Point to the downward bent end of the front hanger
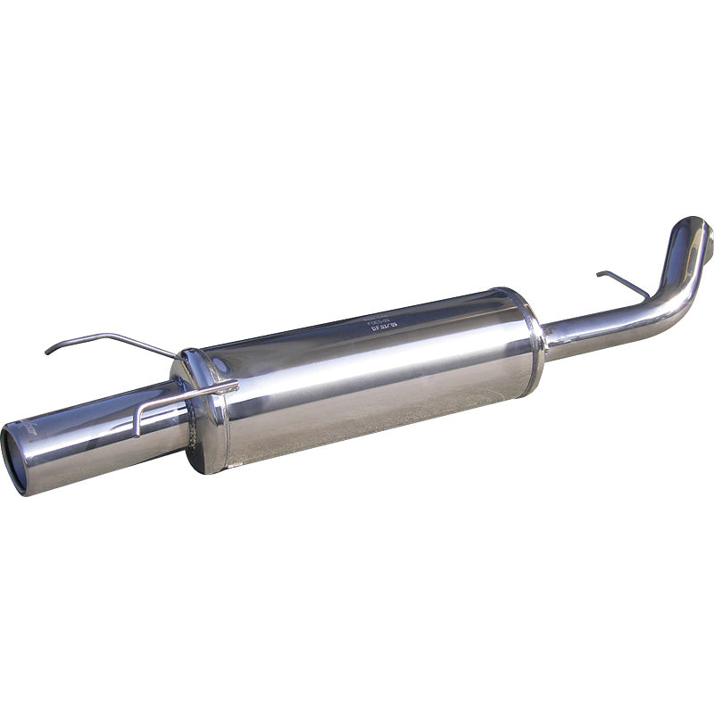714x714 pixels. tap(137, 425)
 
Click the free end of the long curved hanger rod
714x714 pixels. tap(48, 351)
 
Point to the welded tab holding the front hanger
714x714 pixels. tap(223, 387)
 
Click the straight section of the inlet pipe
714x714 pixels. tap(598, 326)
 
